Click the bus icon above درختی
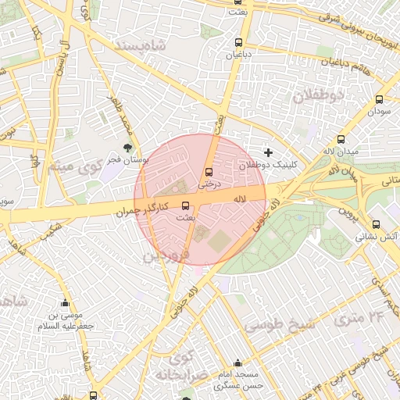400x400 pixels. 209,172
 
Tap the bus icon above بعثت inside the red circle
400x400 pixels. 185,206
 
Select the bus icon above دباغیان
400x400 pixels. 238,43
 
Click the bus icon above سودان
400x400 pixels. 380,99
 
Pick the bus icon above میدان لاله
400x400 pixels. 341,140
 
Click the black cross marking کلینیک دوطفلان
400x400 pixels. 269,152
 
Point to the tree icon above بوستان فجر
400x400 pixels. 128,147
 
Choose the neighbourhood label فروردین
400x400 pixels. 165,255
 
